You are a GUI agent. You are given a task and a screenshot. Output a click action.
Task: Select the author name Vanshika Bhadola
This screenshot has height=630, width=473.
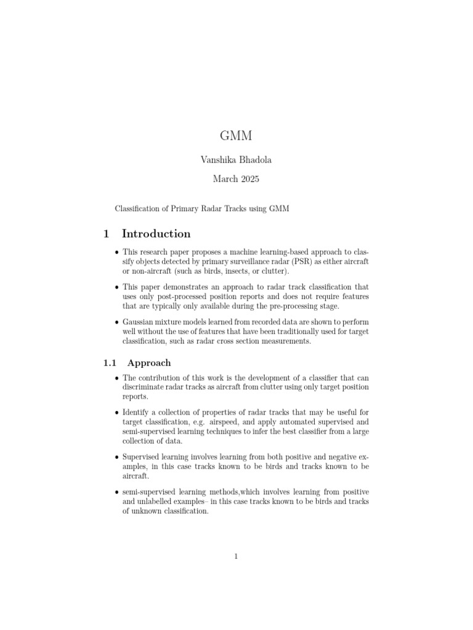236,160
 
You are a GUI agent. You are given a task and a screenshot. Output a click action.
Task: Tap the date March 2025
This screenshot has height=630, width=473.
236,180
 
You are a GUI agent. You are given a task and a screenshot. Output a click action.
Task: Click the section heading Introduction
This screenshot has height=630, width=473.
156,234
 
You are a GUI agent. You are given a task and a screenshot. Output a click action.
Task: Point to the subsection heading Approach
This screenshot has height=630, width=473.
149,363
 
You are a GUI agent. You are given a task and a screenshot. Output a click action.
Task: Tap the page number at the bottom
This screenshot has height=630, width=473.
236,557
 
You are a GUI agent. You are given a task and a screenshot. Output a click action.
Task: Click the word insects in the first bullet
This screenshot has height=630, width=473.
224,272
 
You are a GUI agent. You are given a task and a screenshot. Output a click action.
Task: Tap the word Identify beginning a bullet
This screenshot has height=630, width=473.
137,412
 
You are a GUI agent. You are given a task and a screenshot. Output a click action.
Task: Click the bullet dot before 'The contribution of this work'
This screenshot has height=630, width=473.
117,378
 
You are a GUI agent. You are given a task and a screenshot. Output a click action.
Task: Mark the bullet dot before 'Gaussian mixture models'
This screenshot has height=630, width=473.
117,322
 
